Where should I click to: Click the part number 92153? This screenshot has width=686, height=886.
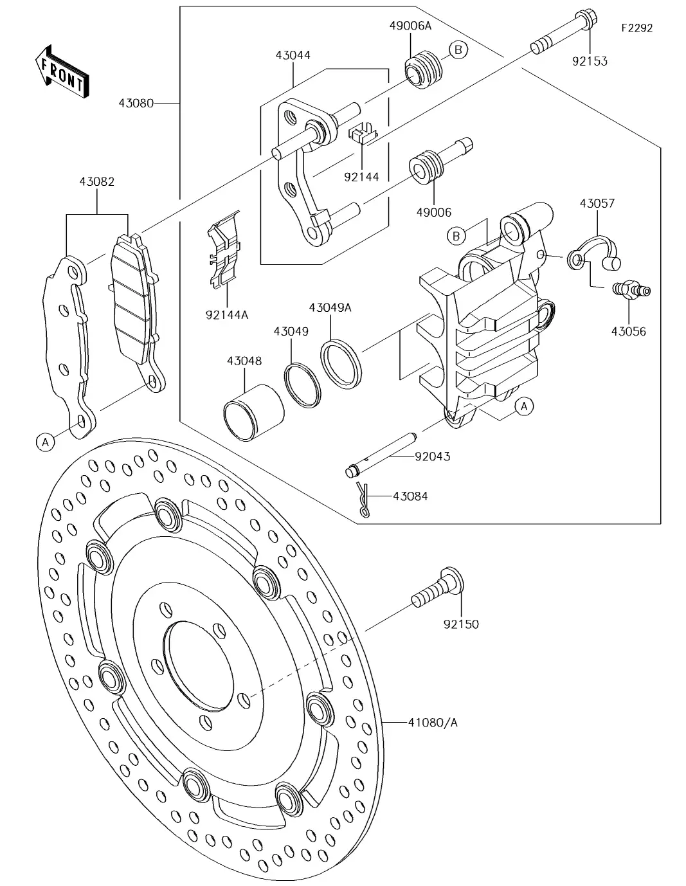[x=589, y=62]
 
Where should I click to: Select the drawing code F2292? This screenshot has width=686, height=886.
[x=636, y=28]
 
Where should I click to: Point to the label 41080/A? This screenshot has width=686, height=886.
[x=432, y=722]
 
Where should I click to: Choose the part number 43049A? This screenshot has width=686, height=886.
[x=330, y=308]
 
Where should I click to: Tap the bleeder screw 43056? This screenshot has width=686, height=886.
[x=631, y=291]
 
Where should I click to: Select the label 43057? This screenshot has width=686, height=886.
[x=597, y=204]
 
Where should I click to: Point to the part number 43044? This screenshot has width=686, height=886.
[x=293, y=56]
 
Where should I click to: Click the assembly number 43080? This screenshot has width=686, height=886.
[x=136, y=102]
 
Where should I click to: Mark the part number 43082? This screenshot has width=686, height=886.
[x=97, y=182]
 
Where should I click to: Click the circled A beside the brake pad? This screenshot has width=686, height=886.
[x=45, y=442]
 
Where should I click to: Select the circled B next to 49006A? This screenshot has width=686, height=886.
[x=458, y=50]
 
